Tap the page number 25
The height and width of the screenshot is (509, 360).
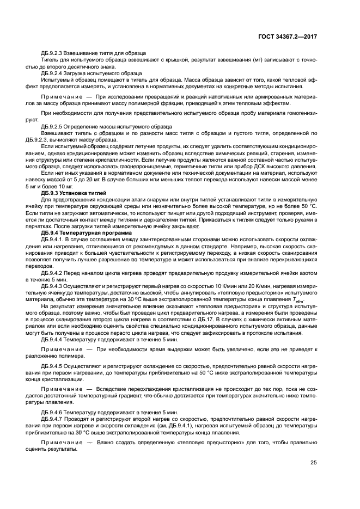pyautogui.click(x=313, y=463)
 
